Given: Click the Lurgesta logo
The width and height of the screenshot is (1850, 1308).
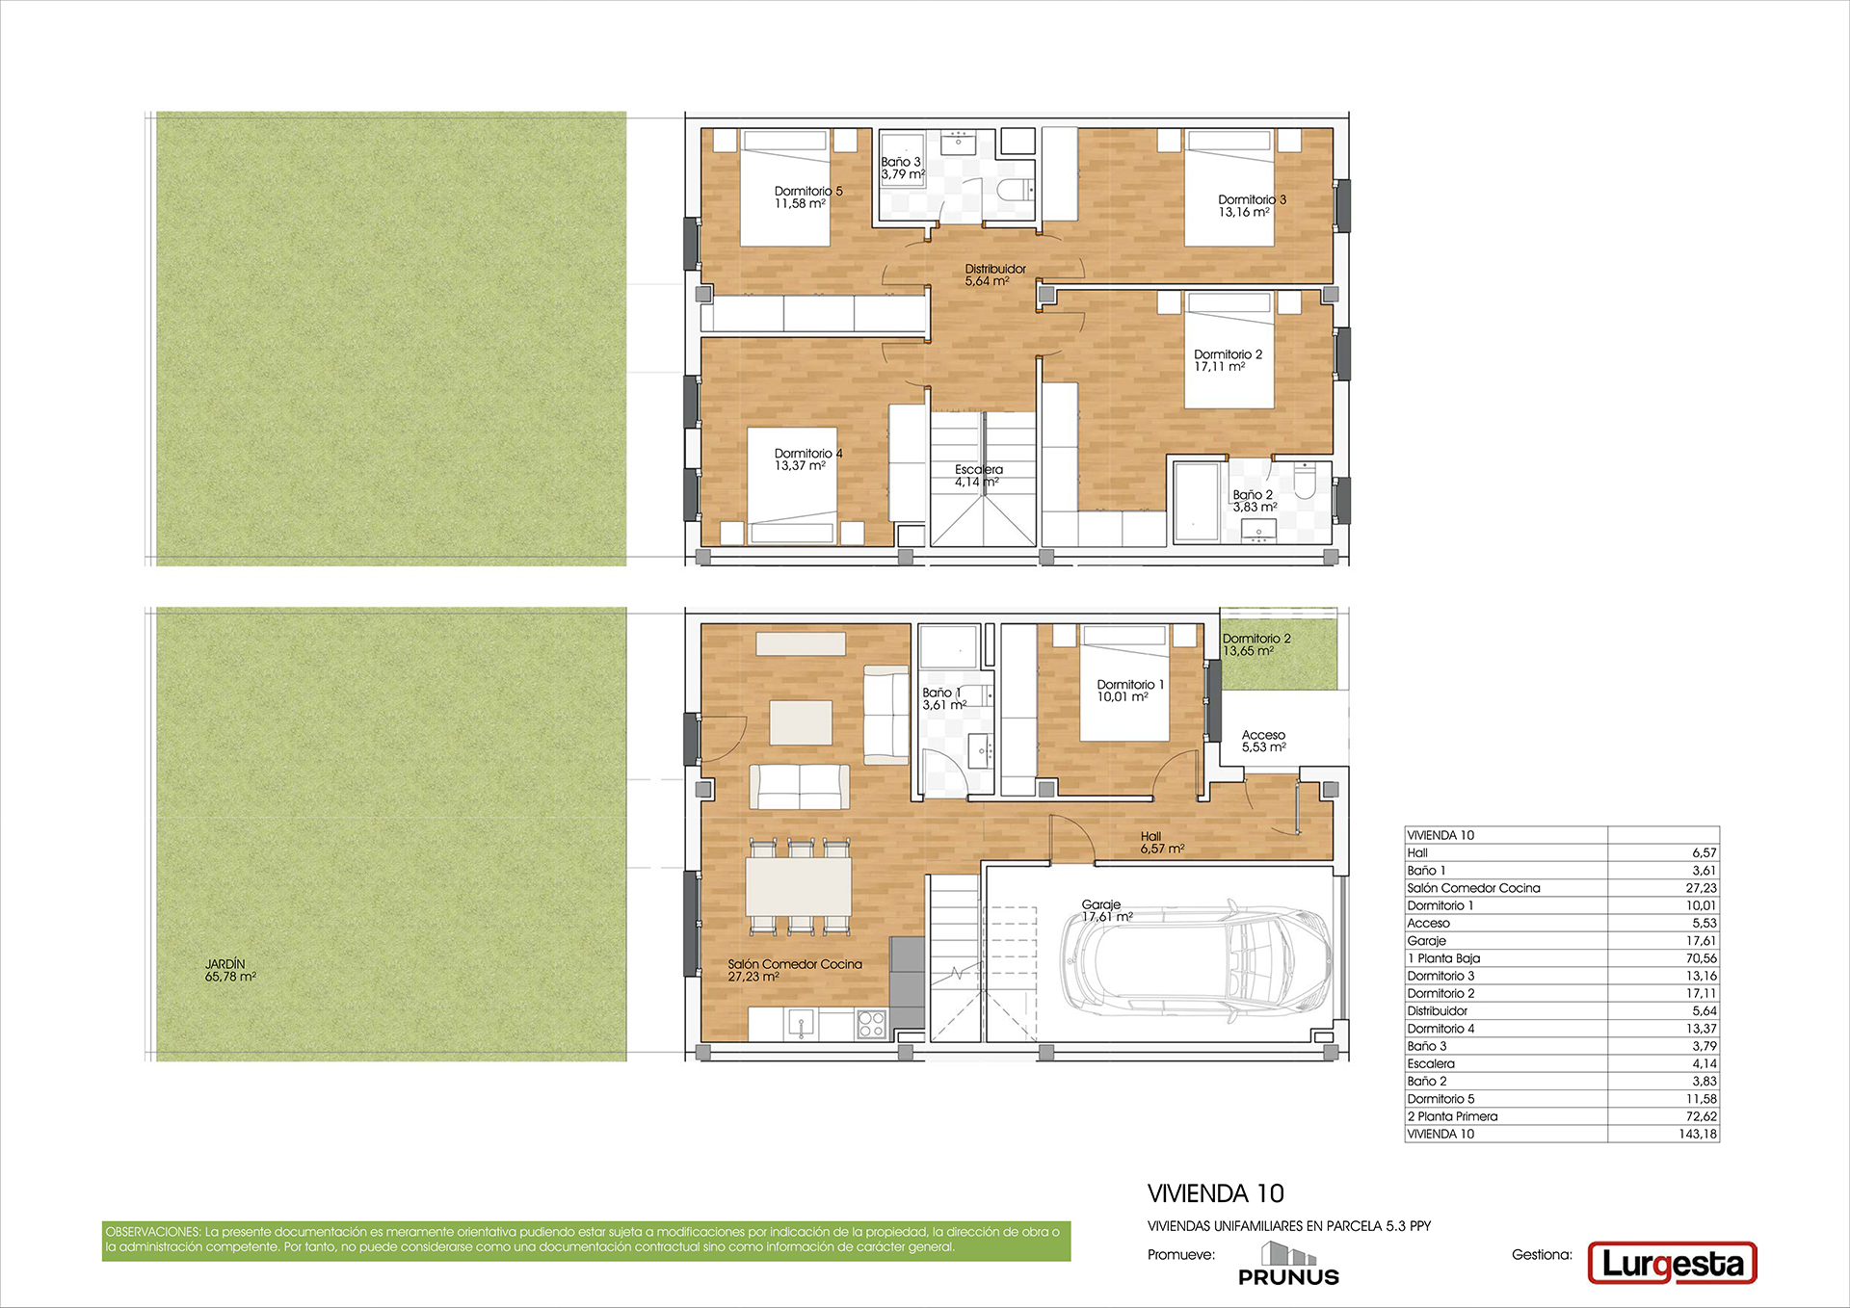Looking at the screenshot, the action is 1672,1264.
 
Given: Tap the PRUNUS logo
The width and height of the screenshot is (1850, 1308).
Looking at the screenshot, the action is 1288,1265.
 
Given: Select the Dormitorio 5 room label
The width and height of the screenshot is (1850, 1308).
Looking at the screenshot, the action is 808,197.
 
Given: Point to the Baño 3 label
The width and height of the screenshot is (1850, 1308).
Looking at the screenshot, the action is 902,169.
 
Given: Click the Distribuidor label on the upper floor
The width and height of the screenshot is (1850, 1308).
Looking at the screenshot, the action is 995,275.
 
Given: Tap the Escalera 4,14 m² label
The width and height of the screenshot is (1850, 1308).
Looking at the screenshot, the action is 978,476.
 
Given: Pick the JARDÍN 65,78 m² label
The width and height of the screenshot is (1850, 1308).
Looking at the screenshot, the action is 230,970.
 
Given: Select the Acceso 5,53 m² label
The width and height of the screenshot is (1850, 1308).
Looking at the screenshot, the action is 1263,741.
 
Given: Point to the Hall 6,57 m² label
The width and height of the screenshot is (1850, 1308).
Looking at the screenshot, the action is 1162,843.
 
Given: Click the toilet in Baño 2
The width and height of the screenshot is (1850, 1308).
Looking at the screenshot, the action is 1305,481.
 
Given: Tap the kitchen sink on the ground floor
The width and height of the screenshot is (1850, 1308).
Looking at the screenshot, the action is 801,1023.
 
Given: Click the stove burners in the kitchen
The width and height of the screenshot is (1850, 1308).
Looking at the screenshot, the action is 871,1024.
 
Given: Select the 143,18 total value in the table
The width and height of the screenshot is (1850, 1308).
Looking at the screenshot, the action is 1698,1134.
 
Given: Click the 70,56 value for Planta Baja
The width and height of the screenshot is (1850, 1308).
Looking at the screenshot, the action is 1702,958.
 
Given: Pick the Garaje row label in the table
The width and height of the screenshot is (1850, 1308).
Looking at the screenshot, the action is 1426,941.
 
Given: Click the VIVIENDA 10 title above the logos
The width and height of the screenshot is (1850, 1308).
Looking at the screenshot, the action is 1216,1194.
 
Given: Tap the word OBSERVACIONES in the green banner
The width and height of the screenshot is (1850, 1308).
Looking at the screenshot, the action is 153,1232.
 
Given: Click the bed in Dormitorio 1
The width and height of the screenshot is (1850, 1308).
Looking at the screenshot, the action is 1124,683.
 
